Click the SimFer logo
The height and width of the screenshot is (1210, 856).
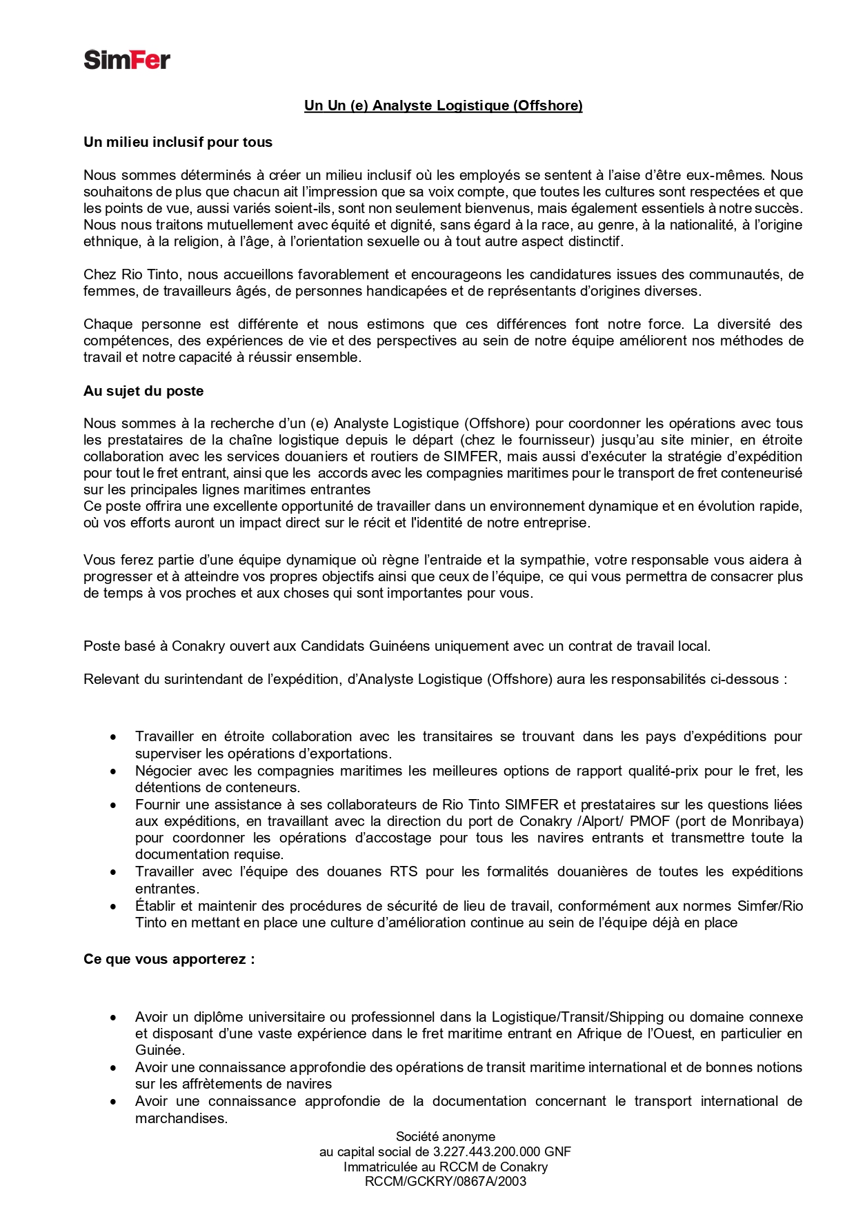[x=127, y=60]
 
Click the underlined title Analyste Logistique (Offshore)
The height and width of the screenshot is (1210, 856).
[x=444, y=105]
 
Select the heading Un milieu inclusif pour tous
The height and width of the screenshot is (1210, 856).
[x=178, y=142]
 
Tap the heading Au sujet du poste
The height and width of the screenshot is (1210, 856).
[x=143, y=391]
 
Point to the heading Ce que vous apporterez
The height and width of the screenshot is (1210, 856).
[x=169, y=959]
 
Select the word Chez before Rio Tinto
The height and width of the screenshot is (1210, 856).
[x=99, y=274]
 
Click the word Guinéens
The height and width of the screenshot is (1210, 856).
[x=404, y=646]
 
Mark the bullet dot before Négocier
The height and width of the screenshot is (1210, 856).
[x=113, y=772]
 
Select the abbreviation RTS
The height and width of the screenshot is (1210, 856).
[x=404, y=871]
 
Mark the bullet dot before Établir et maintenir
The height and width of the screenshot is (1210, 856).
[x=113, y=907]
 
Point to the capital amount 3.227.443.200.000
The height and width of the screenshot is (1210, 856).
[x=486, y=1151]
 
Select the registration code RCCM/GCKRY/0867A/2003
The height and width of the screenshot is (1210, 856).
[x=445, y=1181]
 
